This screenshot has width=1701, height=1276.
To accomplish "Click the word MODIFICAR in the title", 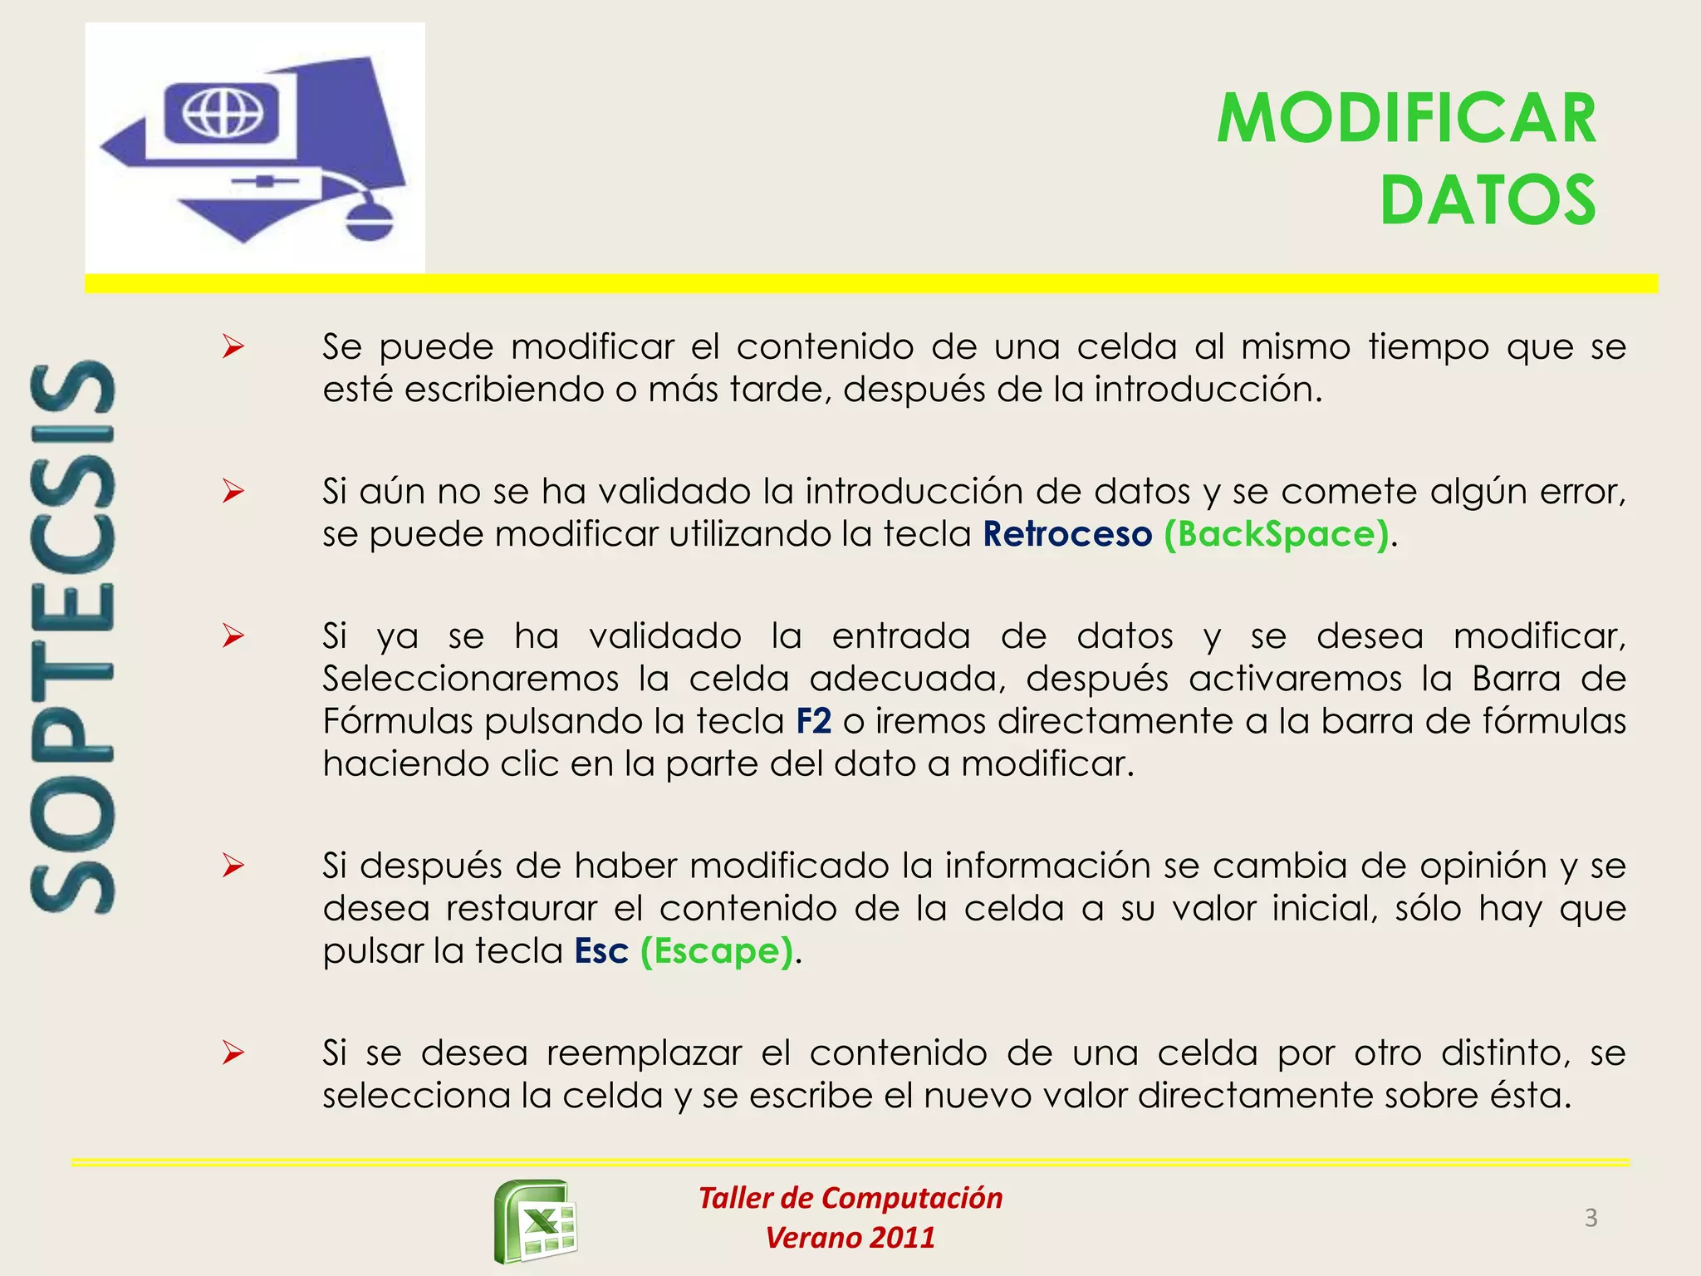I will (1406, 119).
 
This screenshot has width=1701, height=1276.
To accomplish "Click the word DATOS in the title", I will (1488, 200).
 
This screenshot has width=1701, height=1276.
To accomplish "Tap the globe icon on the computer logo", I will (223, 112).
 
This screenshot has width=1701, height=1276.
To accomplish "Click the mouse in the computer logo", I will (368, 220).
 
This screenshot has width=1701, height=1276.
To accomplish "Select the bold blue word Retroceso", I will (1067, 534).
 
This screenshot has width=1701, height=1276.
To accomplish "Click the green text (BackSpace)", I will (1277, 534).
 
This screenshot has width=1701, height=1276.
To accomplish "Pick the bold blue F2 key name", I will (813, 721).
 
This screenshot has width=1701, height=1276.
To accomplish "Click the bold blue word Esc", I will (601, 951).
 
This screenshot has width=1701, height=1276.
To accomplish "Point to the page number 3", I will (1591, 1218).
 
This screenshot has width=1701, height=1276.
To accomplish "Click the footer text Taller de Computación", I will (850, 1198).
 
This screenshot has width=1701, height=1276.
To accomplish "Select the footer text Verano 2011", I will (850, 1238).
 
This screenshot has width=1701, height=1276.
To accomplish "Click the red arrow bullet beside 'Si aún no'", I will (233, 492).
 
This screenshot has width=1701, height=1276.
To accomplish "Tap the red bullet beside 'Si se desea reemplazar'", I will (233, 1053).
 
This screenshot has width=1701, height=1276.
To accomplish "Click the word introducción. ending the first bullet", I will (1208, 390).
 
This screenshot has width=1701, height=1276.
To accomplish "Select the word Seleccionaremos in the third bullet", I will (471, 679).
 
